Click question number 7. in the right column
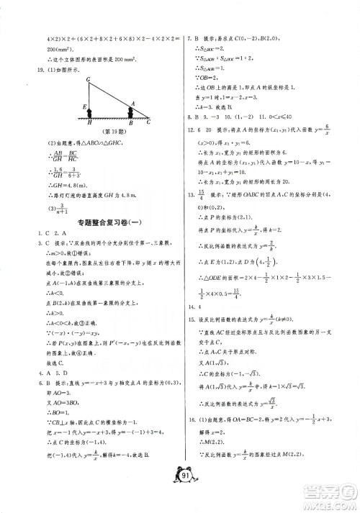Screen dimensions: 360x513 (189, 37)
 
